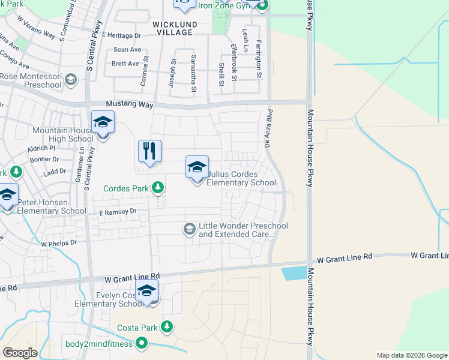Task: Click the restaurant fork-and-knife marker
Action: point(149,151)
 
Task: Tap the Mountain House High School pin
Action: point(103,123)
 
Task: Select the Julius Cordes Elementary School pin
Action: point(197,168)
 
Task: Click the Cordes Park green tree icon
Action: point(158,188)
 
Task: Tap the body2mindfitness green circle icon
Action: point(142,343)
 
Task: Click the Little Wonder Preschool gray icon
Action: point(190,229)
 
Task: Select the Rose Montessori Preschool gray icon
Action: point(71,79)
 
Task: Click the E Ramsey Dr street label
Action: point(118,212)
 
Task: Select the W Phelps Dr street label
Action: point(59,244)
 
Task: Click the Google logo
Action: point(20,353)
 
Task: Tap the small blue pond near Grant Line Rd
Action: point(294,273)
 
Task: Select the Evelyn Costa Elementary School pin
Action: point(146,291)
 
